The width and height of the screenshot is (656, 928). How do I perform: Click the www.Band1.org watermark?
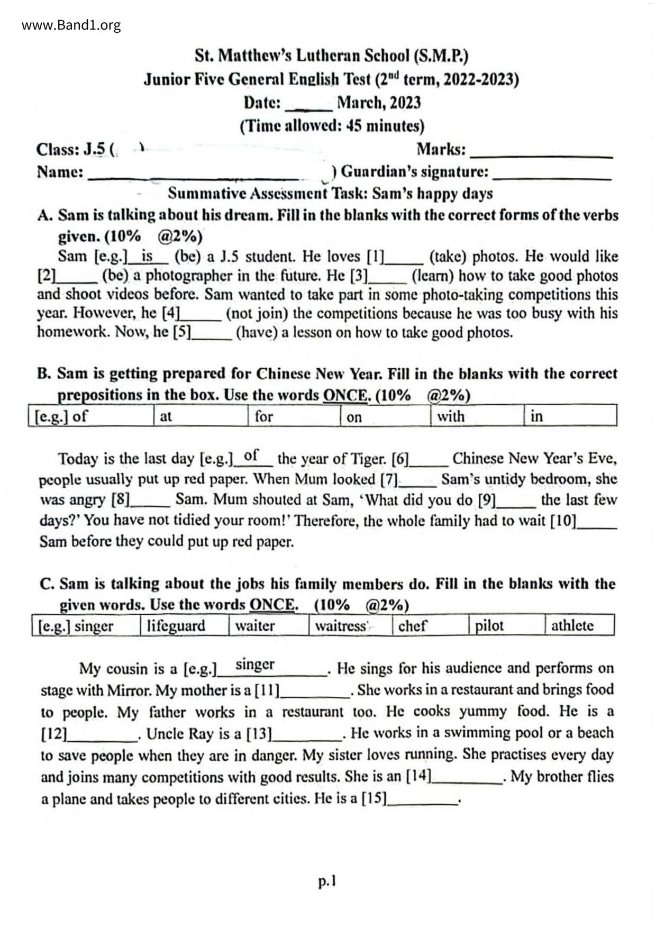click(71, 25)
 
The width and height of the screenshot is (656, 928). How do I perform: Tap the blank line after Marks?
click(541, 155)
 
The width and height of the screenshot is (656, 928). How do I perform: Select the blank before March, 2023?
click(308, 108)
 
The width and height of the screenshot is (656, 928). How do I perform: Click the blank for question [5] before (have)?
click(212, 336)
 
